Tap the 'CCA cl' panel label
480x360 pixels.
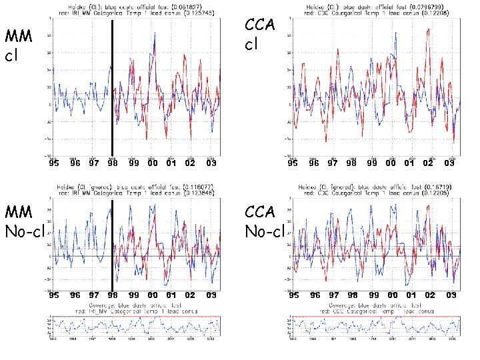pos(259,36)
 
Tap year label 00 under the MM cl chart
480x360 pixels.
pos(153,163)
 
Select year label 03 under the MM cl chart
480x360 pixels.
pos(211,163)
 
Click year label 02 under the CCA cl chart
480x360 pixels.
pos(428,163)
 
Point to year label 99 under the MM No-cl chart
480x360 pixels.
pos(133,295)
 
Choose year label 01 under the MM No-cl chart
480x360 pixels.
pos(171,295)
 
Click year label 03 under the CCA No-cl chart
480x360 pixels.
pos(452,295)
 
